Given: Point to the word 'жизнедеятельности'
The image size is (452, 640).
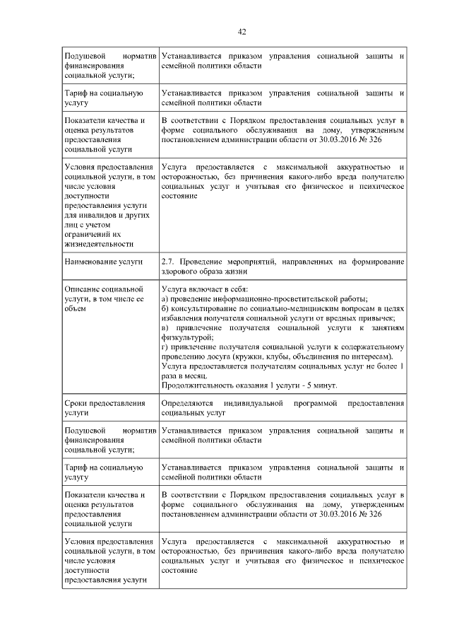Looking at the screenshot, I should click(x=99, y=244).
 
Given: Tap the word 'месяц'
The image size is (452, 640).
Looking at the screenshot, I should click(x=193, y=376).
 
